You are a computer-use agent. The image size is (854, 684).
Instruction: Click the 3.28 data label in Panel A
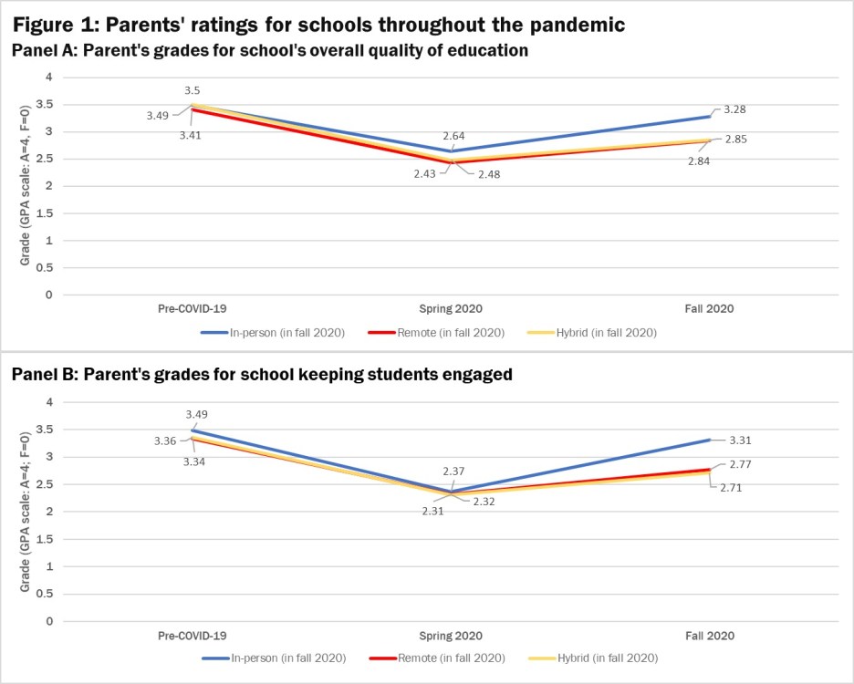click(734, 109)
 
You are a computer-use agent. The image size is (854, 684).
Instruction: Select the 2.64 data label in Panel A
click(453, 136)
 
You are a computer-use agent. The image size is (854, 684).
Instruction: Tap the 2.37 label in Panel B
click(453, 471)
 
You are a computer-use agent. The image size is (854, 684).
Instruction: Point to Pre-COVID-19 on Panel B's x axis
click(192, 636)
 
